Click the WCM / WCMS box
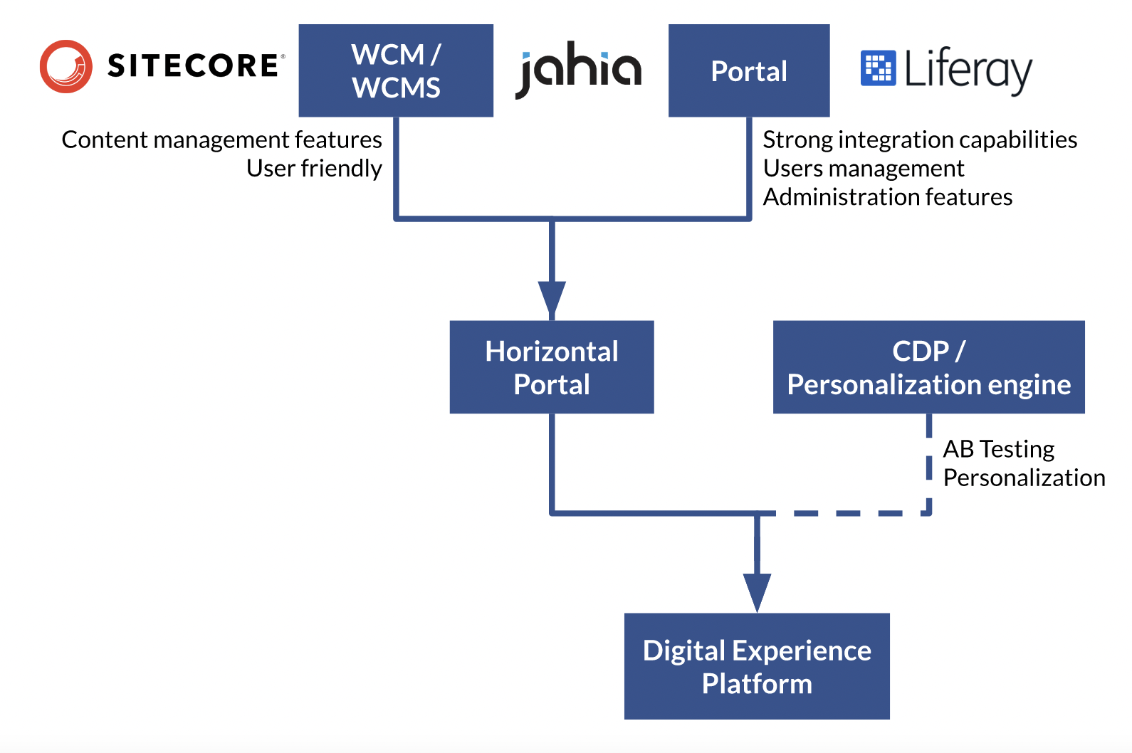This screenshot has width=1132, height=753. [396, 70]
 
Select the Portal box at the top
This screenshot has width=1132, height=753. [749, 70]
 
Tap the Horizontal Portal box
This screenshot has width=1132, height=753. [552, 367]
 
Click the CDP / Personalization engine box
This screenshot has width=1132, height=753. [928, 367]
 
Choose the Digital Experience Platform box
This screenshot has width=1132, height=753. [757, 666]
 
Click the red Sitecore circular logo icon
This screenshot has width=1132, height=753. [65, 66]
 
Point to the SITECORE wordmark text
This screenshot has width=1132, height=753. [194, 66]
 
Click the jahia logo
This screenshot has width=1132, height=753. [578, 70]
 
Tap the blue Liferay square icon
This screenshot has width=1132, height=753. [878, 68]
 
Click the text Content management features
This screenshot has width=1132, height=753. [221, 139]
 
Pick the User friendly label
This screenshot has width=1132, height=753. [314, 169]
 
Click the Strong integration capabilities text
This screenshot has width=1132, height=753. [920, 139]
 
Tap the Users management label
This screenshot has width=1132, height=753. [864, 169]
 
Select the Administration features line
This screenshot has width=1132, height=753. [888, 197]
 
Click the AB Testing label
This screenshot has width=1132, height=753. [998, 449]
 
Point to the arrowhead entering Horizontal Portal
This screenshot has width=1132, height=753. [552, 299]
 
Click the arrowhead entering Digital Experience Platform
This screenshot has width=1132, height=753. [757, 591]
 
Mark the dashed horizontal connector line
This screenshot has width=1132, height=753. [847, 512]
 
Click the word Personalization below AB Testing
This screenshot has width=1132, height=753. [1024, 478]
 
